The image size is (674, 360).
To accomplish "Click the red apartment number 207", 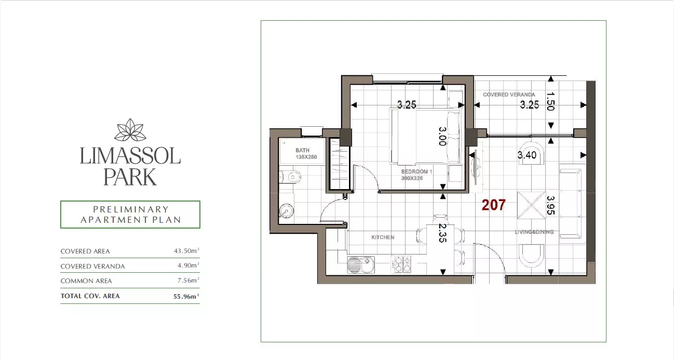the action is [x=493, y=205].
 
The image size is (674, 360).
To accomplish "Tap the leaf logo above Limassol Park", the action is [x=130, y=130].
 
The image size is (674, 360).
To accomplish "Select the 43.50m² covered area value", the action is [x=186, y=250].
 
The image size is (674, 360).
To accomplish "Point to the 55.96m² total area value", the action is [x=186, y=296].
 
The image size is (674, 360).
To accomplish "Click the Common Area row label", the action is [x=86, y=281].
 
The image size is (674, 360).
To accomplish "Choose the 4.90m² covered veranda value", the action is [x=188, y=265].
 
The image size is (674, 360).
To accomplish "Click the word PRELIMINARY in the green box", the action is [x=131, y=209].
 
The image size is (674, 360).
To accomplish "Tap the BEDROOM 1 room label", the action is [x=416, y=171].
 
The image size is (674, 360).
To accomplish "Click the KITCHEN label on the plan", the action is [x=383, y=237].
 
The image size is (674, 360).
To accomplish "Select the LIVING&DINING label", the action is [x=534, y=232].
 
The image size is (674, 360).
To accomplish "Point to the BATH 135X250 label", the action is [x=306, y=154].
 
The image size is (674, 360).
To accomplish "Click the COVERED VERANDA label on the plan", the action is [x=509, y=95].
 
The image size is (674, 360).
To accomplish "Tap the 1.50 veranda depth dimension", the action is [x=550, y=101].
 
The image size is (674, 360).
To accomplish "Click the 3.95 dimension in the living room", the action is [x=550, y=205].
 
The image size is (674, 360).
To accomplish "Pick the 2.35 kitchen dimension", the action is [x=442, y=233].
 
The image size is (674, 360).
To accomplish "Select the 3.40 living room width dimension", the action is [x=527, y=155].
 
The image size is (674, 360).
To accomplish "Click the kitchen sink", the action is [x=361, y=264].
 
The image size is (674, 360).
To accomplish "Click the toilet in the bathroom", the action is [x=290, y=177].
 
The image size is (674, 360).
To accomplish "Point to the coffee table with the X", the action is [x=531, y=205].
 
